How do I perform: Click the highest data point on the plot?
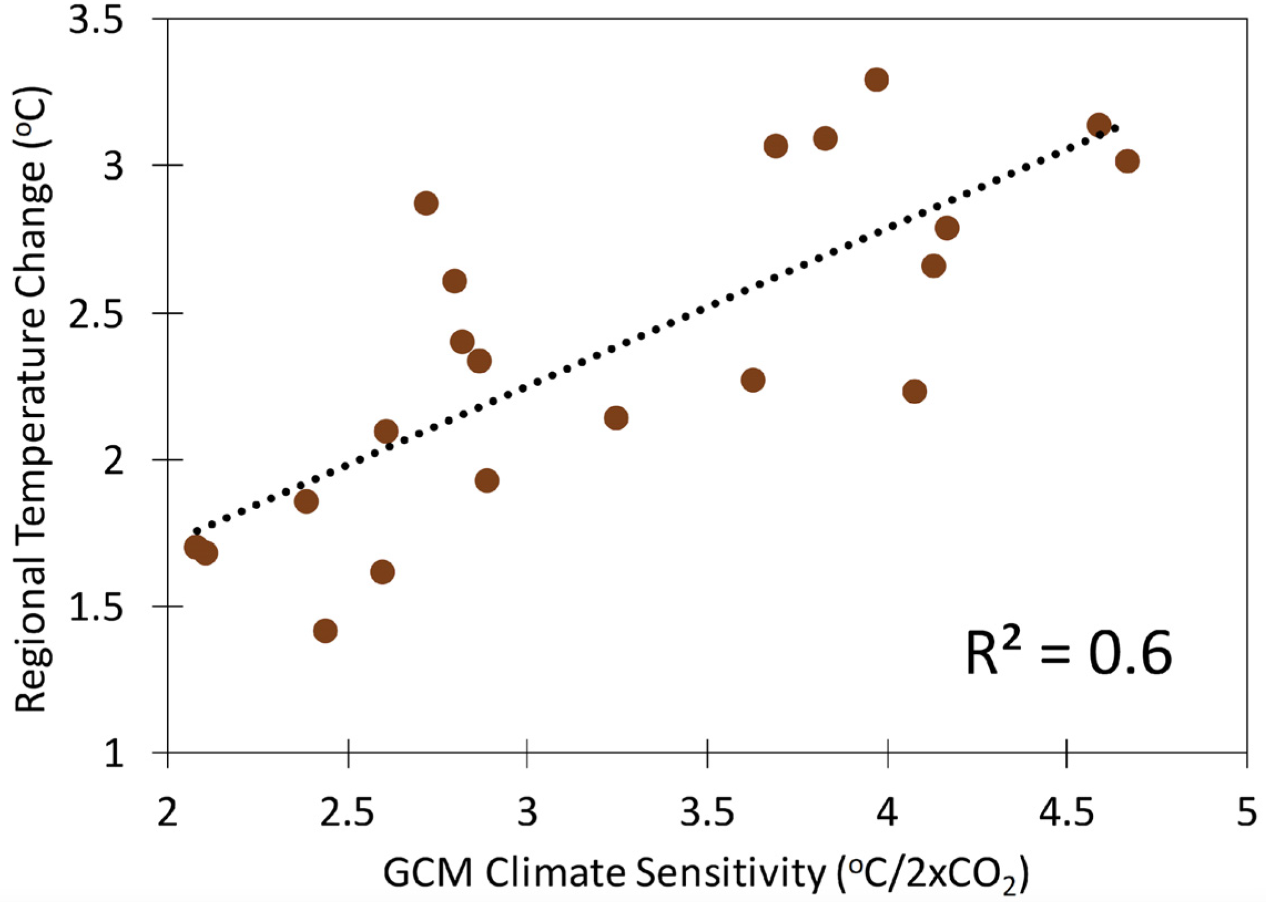[876, 80]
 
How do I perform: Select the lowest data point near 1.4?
[325, 631]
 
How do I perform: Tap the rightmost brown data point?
[1127, 162]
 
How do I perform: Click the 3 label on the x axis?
[527, 814]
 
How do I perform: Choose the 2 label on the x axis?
[167, 814]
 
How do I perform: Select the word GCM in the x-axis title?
[428, 874]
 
